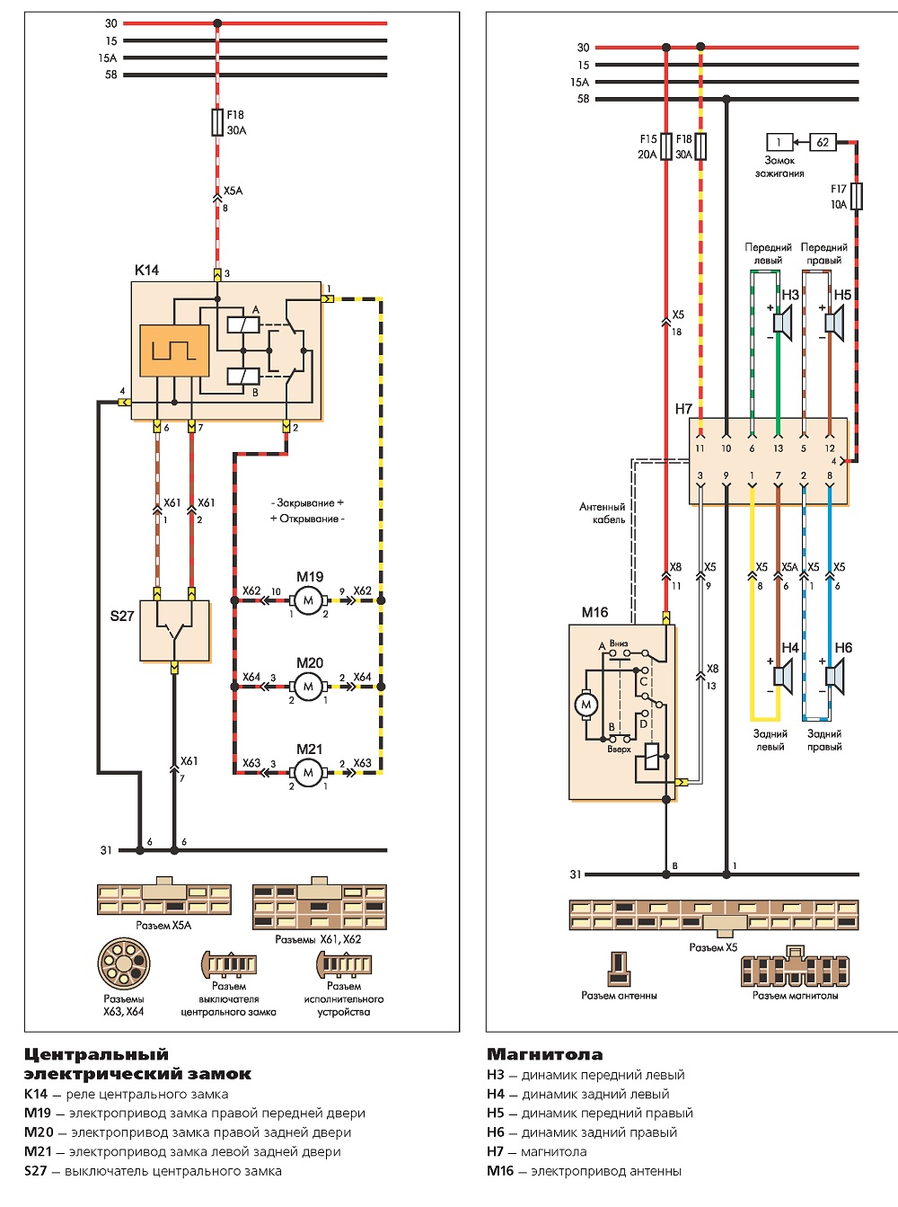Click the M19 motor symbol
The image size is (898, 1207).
(x=308, y=600)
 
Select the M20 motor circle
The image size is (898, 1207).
(x=308, y=687)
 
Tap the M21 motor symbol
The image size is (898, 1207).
(x=308, y=773)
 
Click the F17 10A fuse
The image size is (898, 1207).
(x=857, y=197)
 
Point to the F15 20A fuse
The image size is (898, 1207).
(x=666, y=146)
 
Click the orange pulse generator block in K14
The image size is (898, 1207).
(x=174, y=351)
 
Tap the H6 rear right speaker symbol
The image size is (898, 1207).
(x=835, y=677)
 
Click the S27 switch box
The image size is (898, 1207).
(x=174, y=631)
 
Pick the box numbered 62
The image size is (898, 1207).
(x=823, y=143)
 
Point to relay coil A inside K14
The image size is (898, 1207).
(x=243, y=324)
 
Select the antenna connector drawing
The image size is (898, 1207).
(x=619, y=969)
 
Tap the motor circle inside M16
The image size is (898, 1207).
(x=586, y=706)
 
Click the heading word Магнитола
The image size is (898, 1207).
(x=544, y=1054)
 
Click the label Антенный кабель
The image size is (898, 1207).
(x=603, y=513)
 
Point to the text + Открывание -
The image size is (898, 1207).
(x=307, y=519)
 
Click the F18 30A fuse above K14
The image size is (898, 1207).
(x=217, y=122)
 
